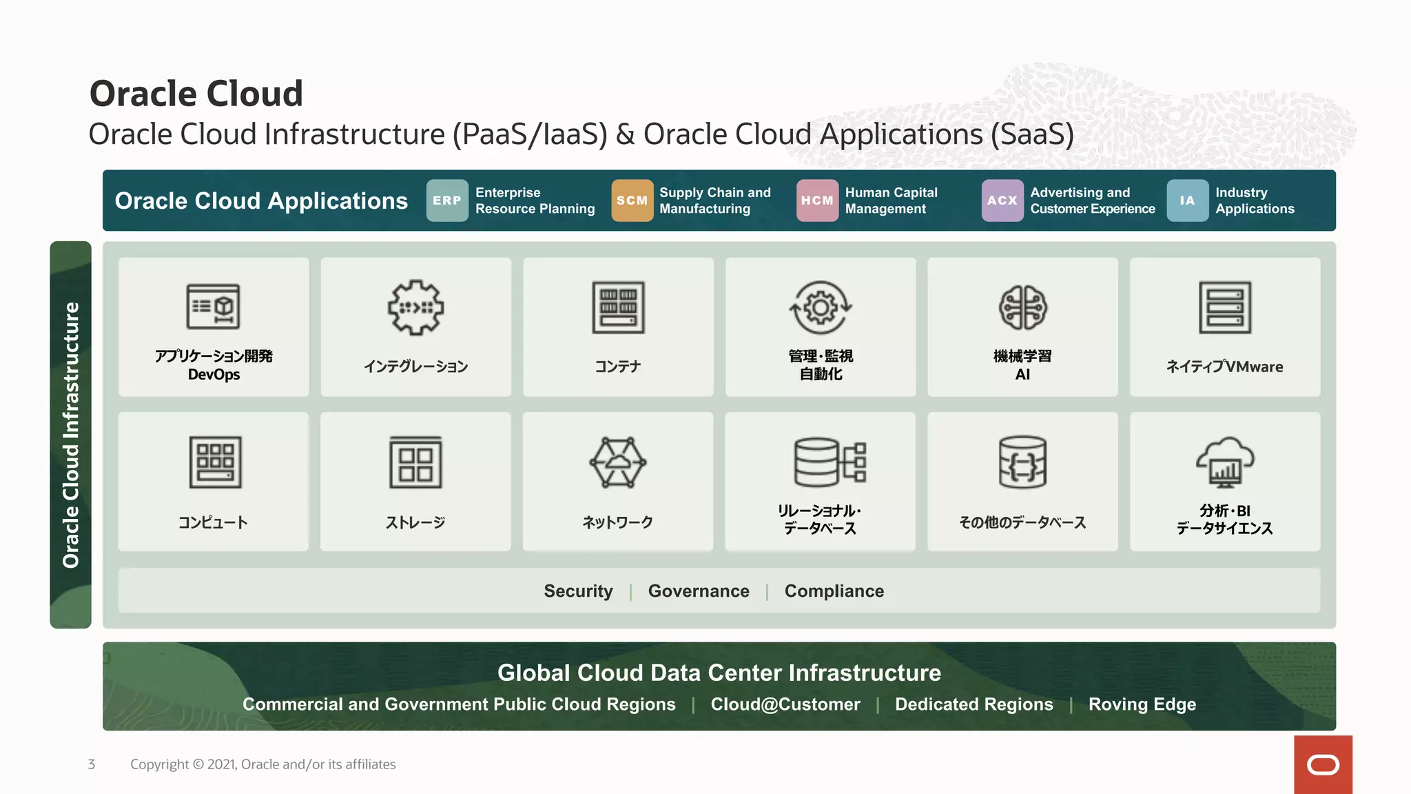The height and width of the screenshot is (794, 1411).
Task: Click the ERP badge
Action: point(447,201)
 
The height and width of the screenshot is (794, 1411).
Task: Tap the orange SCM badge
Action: point(632,201)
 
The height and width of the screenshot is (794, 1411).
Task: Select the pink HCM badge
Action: point(817,201)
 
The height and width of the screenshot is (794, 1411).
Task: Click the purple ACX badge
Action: point(1002,201)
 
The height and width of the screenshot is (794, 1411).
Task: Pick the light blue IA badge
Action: point(1187,201)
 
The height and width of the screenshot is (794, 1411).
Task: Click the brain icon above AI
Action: point(1023,307)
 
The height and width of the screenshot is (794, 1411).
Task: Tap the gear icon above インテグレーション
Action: point(415,307)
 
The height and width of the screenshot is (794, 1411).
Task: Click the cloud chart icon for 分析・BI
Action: point(1225,462)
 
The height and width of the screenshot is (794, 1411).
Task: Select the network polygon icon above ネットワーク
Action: point(618,462)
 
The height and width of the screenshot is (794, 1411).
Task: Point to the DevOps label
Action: point(214,375)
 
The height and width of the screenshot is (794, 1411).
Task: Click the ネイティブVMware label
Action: point(1224,367)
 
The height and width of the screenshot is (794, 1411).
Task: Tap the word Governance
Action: point(698,591)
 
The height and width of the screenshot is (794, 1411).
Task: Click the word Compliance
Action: point(834,591)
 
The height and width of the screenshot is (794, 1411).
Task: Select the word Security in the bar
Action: point(578,591)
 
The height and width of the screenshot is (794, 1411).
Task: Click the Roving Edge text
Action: point(1142,704)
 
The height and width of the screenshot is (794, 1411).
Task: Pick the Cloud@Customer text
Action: point(785,704)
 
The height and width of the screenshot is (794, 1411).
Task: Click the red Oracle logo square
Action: point(1323,764)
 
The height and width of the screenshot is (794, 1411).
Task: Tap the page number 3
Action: point(92,764)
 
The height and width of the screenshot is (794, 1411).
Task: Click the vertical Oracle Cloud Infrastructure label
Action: point(71,435)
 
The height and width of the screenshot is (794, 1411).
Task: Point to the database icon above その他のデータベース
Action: point(1022,462)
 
